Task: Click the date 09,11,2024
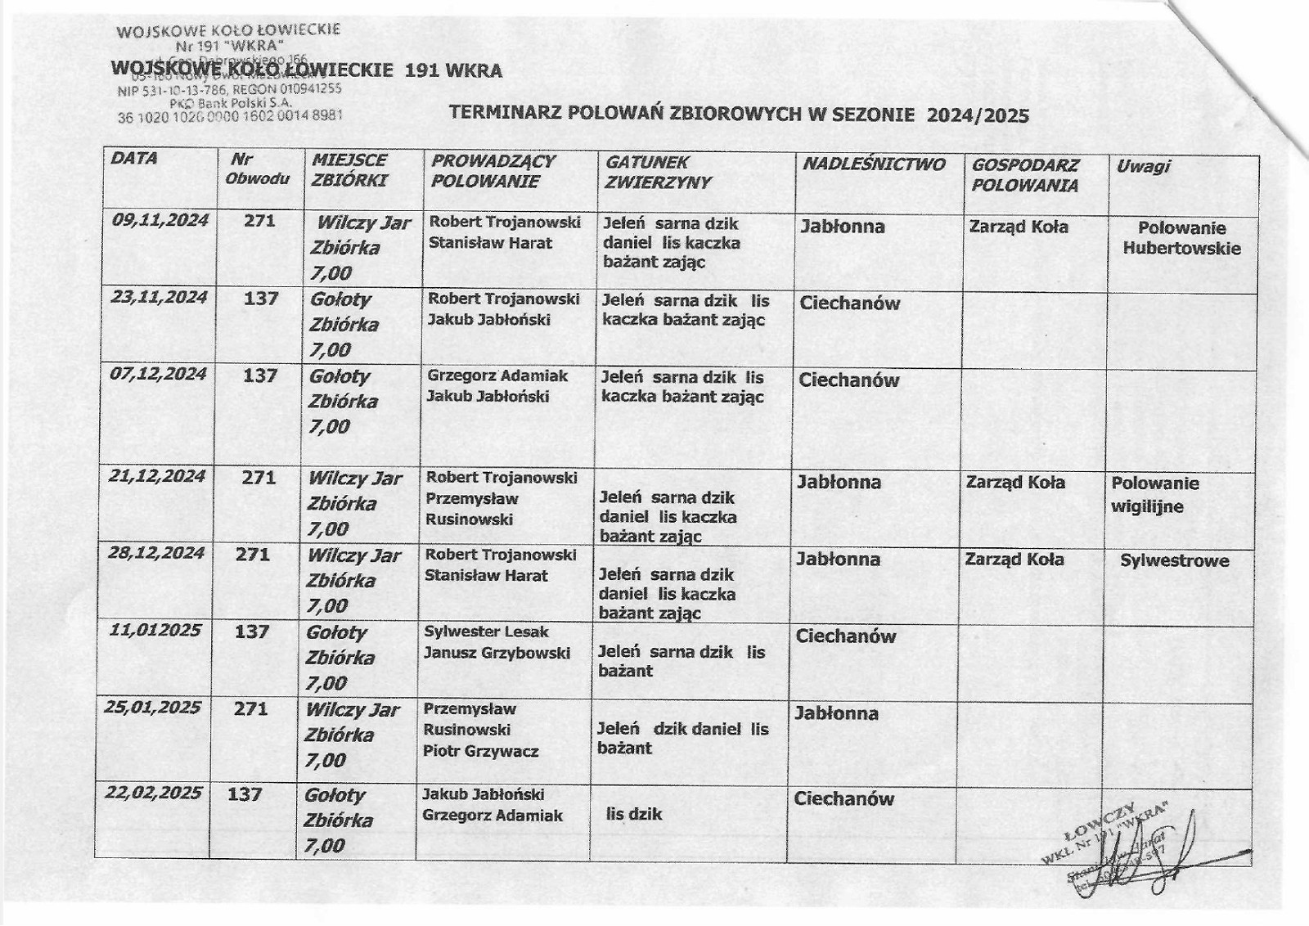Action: coord(160,220)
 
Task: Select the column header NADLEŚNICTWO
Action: coord(873,164)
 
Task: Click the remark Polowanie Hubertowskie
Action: coord(1181,238)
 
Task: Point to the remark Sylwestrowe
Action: coord(1174,561)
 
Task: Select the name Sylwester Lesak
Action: coord(486,632)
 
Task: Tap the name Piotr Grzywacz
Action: coord(480,751)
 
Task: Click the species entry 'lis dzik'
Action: coord(633,814)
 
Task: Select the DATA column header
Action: coord(134,159)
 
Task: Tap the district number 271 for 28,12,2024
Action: coord(252,555)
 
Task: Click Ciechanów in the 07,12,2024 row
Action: coord(848,380)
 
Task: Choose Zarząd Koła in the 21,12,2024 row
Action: coord(1015,483)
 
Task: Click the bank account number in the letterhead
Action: coord(230,117)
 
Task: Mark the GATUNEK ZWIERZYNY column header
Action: coord(659,173)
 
